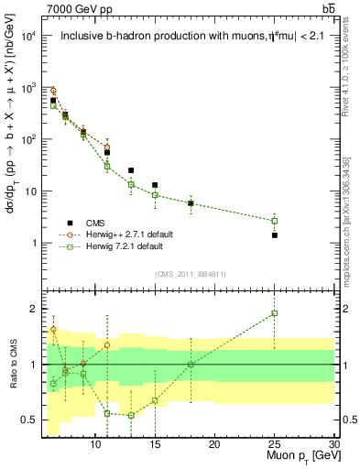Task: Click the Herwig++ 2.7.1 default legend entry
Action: click(x=128, y=234)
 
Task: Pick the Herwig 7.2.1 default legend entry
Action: click(x=124, y=246)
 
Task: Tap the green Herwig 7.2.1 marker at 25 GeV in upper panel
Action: click(x=274, y=221)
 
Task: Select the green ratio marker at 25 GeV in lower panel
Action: click(x=274, y=313)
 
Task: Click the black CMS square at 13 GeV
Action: click(x=131, y=170)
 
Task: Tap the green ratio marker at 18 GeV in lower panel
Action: click(x=191, y=365)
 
